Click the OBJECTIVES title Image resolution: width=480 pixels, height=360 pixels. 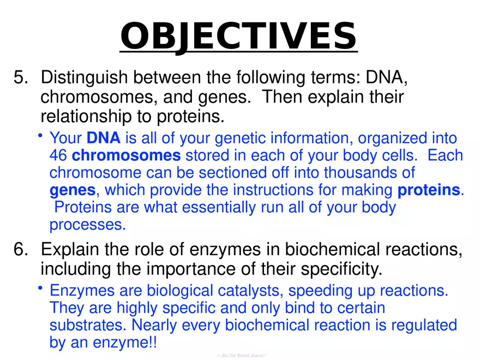coord(238,35)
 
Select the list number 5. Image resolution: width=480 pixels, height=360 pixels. coord(20,77)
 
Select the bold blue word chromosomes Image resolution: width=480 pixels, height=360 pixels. coord(126,155)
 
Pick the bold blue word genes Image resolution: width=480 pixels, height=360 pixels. coord(73,190)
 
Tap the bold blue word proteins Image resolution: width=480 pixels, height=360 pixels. coord(429,190)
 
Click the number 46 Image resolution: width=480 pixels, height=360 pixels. coord(58,155)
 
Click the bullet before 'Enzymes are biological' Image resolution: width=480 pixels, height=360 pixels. coord(41,289)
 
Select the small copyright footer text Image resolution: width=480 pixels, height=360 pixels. coord(241,355)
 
